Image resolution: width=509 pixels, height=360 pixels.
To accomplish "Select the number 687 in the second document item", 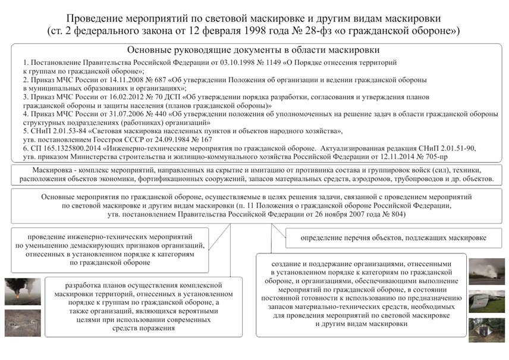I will click(160, 79).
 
